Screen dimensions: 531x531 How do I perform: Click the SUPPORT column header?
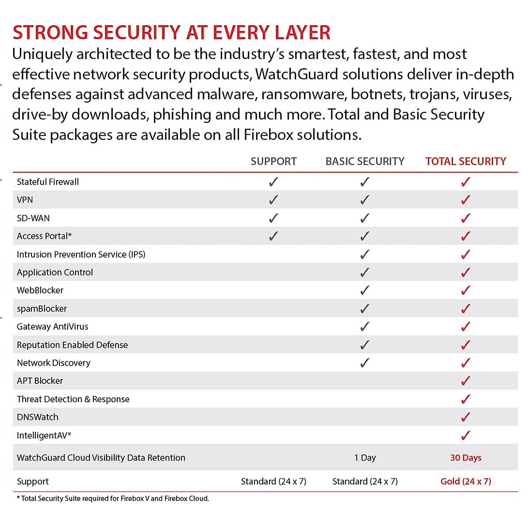[x=273, y=162]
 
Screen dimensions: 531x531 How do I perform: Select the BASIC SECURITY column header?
[x=365, y=162]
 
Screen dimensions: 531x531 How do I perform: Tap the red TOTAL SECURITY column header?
[x=466, y=162]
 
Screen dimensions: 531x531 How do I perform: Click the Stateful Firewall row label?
[x=48, y=182]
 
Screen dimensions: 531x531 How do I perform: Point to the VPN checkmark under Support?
[x=274, y=200]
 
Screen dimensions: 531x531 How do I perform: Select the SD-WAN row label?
[x=33, y=218]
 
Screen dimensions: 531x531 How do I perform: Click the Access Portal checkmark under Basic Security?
[x=365, y=236]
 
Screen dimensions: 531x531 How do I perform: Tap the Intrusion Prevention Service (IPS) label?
[x=81, y=254]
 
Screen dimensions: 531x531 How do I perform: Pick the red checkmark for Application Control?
[x=466, y=273]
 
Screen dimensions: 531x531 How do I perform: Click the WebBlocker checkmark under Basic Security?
[x=365, y=291]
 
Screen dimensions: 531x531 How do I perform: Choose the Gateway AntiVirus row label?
[x=52, y=327]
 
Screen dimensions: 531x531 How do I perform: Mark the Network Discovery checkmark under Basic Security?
[x=365, y=363]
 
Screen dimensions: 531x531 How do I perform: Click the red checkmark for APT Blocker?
[x=466, y=381]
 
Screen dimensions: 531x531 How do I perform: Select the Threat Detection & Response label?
[x=73, y=399]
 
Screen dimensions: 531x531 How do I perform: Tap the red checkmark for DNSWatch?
[x=466, y=417]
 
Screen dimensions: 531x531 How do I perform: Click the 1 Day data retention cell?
[x=365, y=458]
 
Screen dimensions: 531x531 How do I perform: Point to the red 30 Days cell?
[x=466, y=458]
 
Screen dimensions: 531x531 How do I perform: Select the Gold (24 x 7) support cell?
[x=466, y=481]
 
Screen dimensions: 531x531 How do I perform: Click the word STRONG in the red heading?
[x=50, y=33]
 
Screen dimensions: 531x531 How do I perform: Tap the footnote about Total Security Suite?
[x=113, y=499]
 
